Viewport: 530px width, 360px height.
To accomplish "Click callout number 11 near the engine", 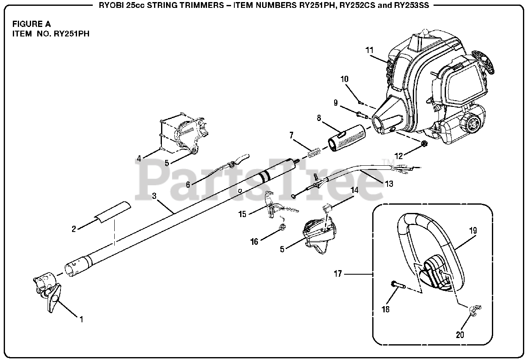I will coord(369,50).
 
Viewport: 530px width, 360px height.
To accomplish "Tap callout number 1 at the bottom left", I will coord(82,319).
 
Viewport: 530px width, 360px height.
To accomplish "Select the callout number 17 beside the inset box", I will coord(339,273).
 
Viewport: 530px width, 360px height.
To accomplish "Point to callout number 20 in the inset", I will coord(460,335).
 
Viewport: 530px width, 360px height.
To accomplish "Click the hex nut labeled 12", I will coord(424,144).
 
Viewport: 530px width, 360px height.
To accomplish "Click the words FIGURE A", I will coord(31,24).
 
